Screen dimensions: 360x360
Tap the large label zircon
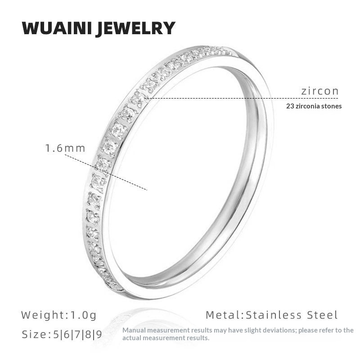pyautogui.click(x=319, y=91)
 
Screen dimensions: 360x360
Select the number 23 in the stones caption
pyautogui.click(x=290, y=107)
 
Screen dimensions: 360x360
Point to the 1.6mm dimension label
pyautogui.click(x=65, y=148)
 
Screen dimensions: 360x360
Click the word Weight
pyautogui.click(x=43, y=315)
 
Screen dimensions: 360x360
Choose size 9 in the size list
pyautogui.click(x=99, y=335)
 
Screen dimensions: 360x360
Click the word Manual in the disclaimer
pyautogui.click(x=132, y=330)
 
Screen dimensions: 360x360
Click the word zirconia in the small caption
pyautogui.click(x=309, y=107)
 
